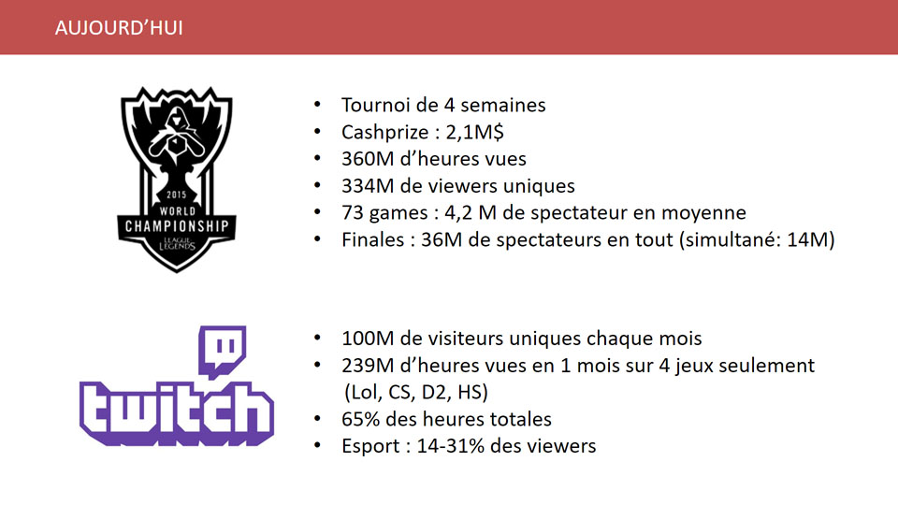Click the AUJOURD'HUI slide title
point(119,28)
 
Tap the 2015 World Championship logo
point(177,180)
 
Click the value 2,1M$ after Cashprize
point(475,132)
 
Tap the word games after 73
point(398,213)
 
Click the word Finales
point(373,239)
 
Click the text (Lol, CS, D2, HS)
point(416,392)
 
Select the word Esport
point(370,446)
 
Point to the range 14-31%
point(451,446)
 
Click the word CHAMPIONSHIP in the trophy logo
point(177,226)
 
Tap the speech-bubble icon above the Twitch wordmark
point(223,352)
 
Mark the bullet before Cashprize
point(317,132)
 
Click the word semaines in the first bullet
point(503,105)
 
